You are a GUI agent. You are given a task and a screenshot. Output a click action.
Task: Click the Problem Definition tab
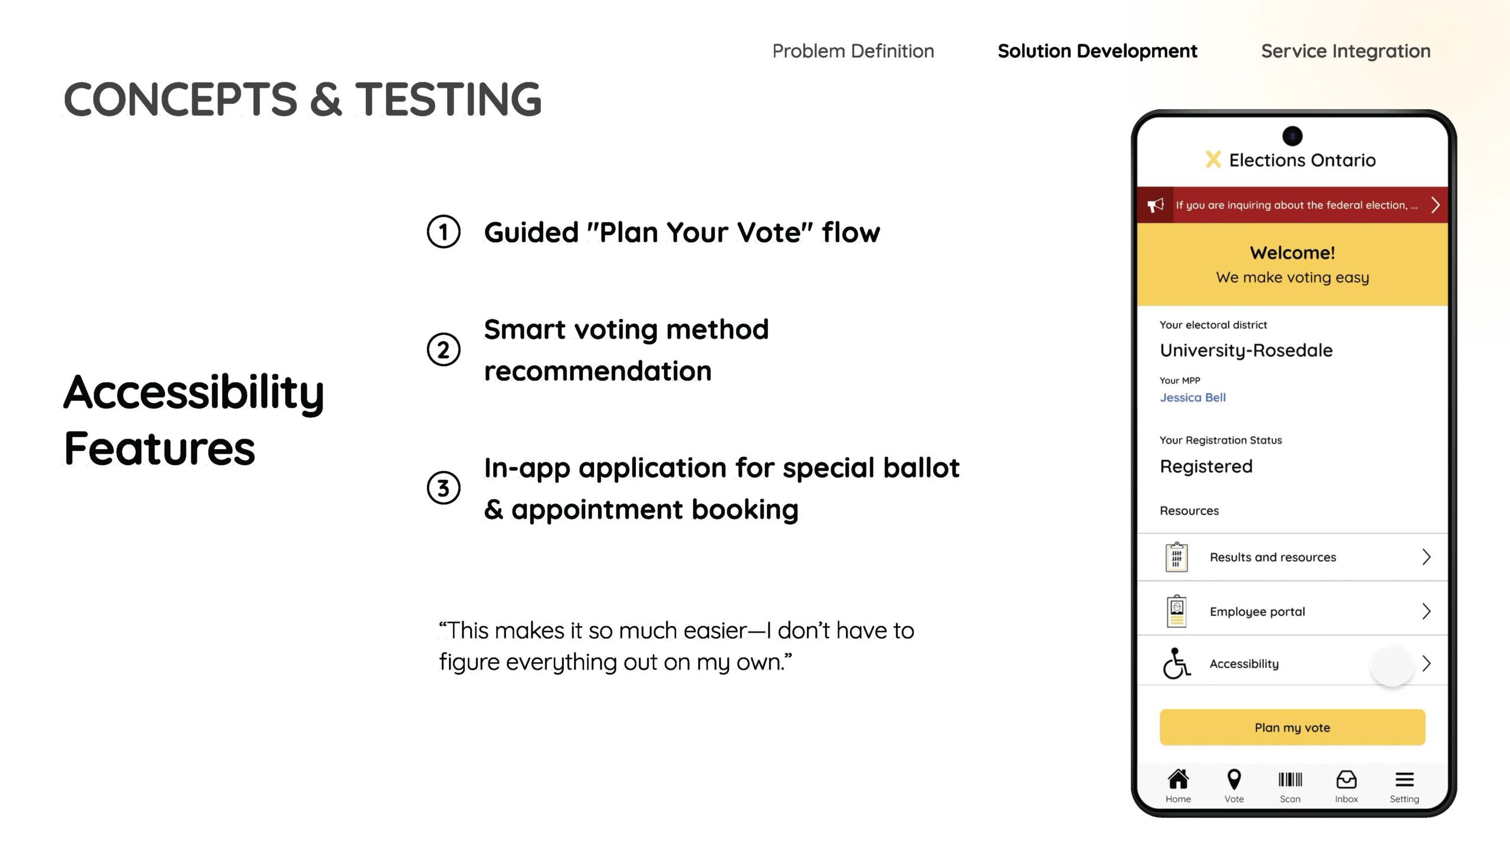(853, 51)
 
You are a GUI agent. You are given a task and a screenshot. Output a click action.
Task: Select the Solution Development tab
(1097, 51)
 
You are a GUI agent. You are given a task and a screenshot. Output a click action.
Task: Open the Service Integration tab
(1345, 51)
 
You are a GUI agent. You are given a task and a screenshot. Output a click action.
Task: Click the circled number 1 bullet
(444, 232)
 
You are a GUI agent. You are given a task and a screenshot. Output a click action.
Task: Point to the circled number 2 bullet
(444, 350)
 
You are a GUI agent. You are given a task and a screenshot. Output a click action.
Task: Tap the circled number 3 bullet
(444, 488)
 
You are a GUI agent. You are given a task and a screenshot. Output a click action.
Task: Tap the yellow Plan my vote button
(1292, 728)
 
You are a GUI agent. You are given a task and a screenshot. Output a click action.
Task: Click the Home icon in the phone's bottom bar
(1178, 779)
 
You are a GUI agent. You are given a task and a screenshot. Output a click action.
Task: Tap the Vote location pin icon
(1234, 779)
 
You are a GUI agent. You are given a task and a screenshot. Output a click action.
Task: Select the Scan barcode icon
(1290, 779)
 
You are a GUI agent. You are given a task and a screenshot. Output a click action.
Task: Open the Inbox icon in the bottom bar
(1346, 779)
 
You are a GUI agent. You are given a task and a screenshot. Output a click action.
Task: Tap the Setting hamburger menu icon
(1404, 779)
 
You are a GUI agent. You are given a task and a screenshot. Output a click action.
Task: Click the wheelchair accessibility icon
(1176, 664)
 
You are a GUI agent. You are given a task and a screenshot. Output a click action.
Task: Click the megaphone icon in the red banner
(1156, 205)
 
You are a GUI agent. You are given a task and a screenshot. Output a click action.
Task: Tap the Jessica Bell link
(1193, 397)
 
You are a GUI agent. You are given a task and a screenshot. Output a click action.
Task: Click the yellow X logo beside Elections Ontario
(1213, 159)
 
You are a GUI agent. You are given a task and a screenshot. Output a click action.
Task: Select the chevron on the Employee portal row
(1426, 611)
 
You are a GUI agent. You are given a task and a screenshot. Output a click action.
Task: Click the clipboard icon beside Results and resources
(1176, 557)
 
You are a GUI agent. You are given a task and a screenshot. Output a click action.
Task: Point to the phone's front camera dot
(1292, 136)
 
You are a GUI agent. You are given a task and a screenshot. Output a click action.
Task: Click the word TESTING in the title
(448, 99)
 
